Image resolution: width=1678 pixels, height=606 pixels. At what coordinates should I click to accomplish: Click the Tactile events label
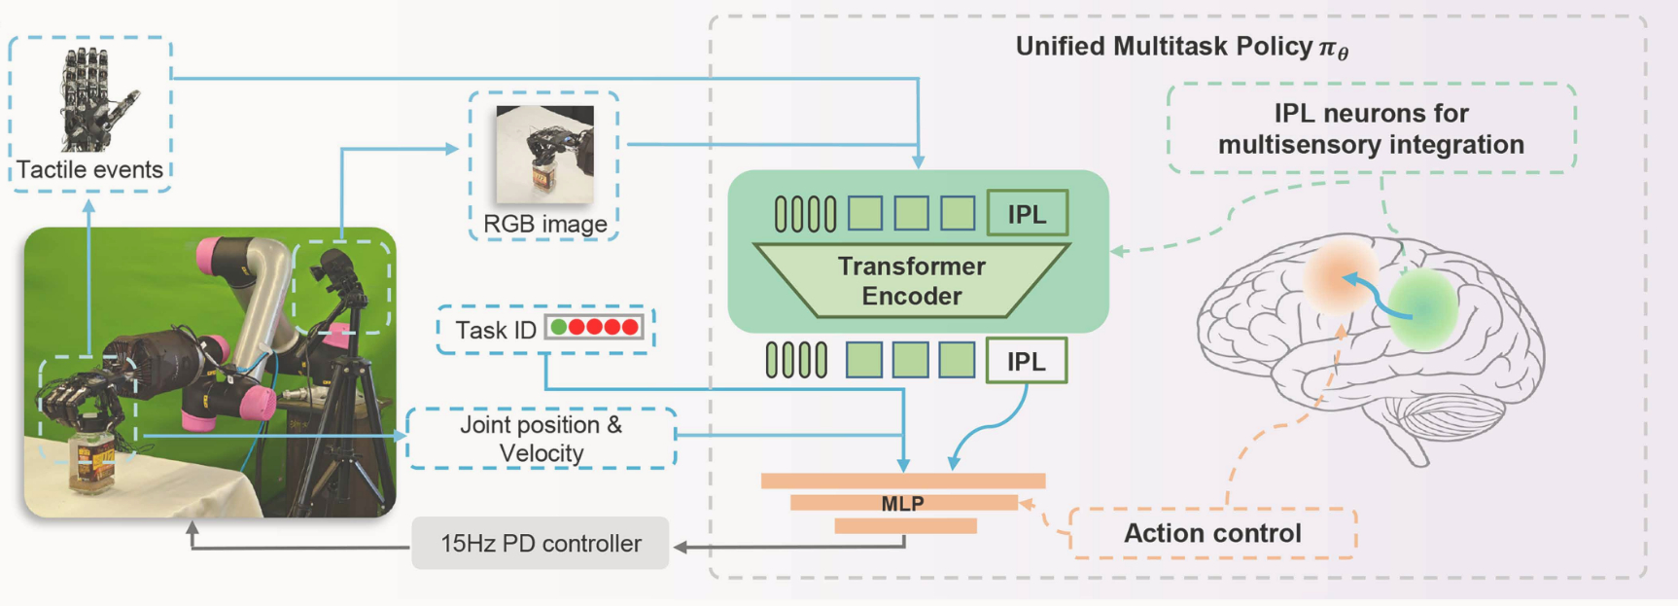point(89,170)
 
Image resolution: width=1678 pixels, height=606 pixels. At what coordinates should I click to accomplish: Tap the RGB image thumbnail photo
point(544,154)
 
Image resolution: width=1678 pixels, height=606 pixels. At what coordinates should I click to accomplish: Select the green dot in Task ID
point(559,328)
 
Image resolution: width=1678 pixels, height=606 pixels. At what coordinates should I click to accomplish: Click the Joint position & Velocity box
point(542,439)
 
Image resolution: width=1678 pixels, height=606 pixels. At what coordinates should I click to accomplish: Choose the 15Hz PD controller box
point(541,543)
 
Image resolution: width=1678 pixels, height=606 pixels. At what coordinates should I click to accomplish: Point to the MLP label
point(902,503)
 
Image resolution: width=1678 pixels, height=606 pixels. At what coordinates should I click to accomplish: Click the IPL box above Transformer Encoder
point(1027,214)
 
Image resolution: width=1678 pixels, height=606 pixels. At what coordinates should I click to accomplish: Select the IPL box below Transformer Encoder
point(1026,361)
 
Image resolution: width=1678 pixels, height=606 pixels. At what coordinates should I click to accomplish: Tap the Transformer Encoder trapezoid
point(911,281)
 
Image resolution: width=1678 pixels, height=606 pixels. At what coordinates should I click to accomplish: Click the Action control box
point(1212,533)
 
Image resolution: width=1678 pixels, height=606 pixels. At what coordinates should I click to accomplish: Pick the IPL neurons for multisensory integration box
point(1371,128)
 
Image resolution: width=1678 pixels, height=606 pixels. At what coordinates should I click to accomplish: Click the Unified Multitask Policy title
point(1180,47)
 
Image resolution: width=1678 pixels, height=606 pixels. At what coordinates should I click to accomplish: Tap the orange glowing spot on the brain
point(1341,275)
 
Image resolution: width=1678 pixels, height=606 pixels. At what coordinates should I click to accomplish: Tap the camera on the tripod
point(335,267)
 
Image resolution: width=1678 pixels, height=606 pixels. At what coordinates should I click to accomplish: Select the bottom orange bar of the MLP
point(905,526)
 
